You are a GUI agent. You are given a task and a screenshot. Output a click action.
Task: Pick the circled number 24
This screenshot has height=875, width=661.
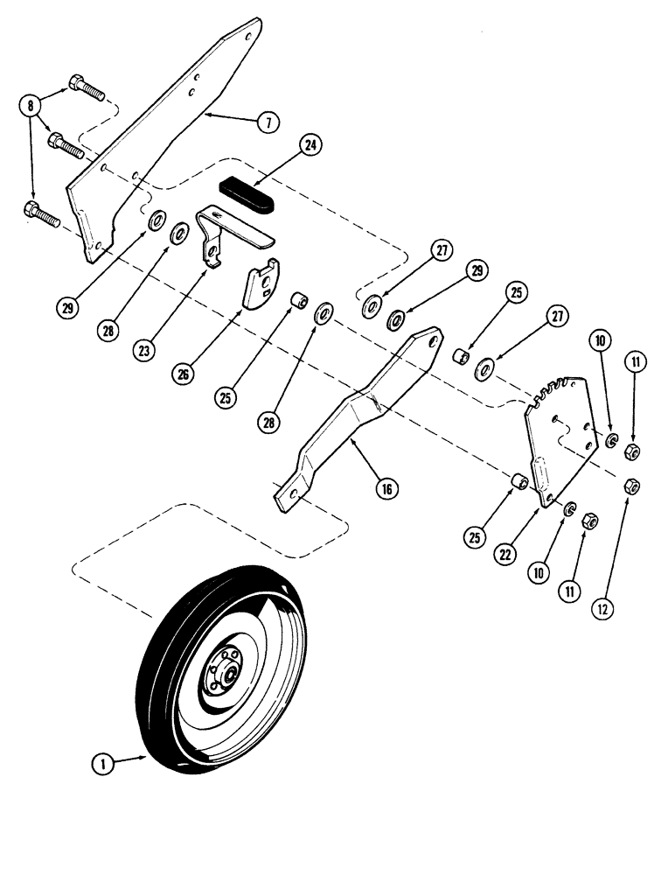(x=311, y=146)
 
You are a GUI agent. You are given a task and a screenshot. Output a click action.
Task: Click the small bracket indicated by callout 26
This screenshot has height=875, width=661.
(x=260, y=285)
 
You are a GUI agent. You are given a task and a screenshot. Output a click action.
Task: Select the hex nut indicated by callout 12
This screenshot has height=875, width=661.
(x=627, y=486)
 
